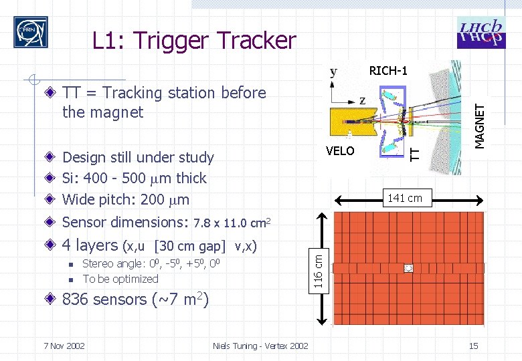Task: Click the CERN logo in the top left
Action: point(31,31)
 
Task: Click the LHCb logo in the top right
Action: point(481,32)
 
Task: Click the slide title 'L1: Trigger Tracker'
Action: point(193,41)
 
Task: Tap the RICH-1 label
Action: point(388,71)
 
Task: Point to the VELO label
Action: point(340,151)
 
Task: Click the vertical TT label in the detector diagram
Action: point(415,154)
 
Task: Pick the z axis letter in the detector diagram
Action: point(362,100)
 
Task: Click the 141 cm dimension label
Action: point(405,198)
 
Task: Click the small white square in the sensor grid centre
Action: point(408,268)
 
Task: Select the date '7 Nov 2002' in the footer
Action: point(64,346)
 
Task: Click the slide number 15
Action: point(473,346)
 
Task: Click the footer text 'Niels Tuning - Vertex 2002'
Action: point(260,346)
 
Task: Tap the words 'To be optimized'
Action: point(120,279)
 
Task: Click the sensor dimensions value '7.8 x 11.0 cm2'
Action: point(231,222)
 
